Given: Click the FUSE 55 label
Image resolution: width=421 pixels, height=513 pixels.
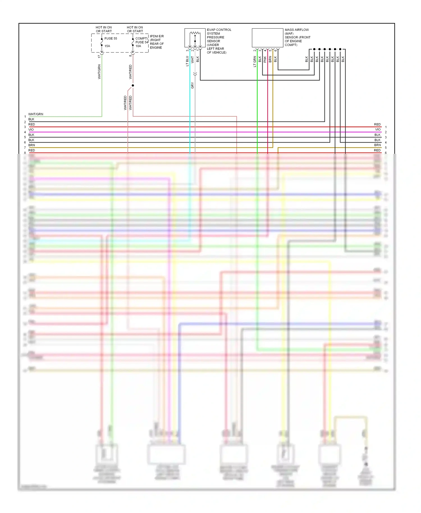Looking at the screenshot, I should [x=111, y=38].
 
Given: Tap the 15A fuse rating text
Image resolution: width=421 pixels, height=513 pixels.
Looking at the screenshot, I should [x=107, y=46].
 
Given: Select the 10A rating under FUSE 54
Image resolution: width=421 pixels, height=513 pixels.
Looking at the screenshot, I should [x=138, y=46].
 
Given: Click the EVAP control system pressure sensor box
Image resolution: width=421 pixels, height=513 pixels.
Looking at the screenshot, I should [x=195, y=38].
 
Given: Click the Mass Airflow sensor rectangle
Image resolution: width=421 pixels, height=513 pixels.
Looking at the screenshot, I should [x=267, y=38].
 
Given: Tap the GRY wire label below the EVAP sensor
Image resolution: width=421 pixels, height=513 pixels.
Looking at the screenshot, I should [x=193, y=86].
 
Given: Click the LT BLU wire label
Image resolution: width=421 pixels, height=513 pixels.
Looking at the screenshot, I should [x=187, y=61].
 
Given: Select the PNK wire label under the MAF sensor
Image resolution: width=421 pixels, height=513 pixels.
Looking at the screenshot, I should [x=265, y=59].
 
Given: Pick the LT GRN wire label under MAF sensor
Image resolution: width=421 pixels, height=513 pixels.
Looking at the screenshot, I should [x=255, y=61].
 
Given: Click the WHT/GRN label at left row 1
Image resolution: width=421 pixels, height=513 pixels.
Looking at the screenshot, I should [x=36, y=114].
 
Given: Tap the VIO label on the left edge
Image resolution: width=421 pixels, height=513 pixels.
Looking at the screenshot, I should [x=31, y=130].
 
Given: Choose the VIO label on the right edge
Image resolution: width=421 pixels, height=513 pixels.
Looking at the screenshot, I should [x=378, y=130].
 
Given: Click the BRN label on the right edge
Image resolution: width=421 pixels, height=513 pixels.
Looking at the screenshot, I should [x=377, y=145].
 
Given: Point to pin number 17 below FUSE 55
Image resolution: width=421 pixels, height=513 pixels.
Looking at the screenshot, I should [x=99, y=56].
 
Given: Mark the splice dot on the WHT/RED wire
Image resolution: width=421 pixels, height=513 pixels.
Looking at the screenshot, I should [x=133, y=85].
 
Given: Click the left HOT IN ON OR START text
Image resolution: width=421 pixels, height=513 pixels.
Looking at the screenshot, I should [x=104, y=29].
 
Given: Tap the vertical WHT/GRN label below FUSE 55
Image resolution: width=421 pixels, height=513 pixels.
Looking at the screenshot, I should [x=99, y=72].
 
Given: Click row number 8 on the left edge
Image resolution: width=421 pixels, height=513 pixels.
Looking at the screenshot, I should [x=25, y=153].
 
